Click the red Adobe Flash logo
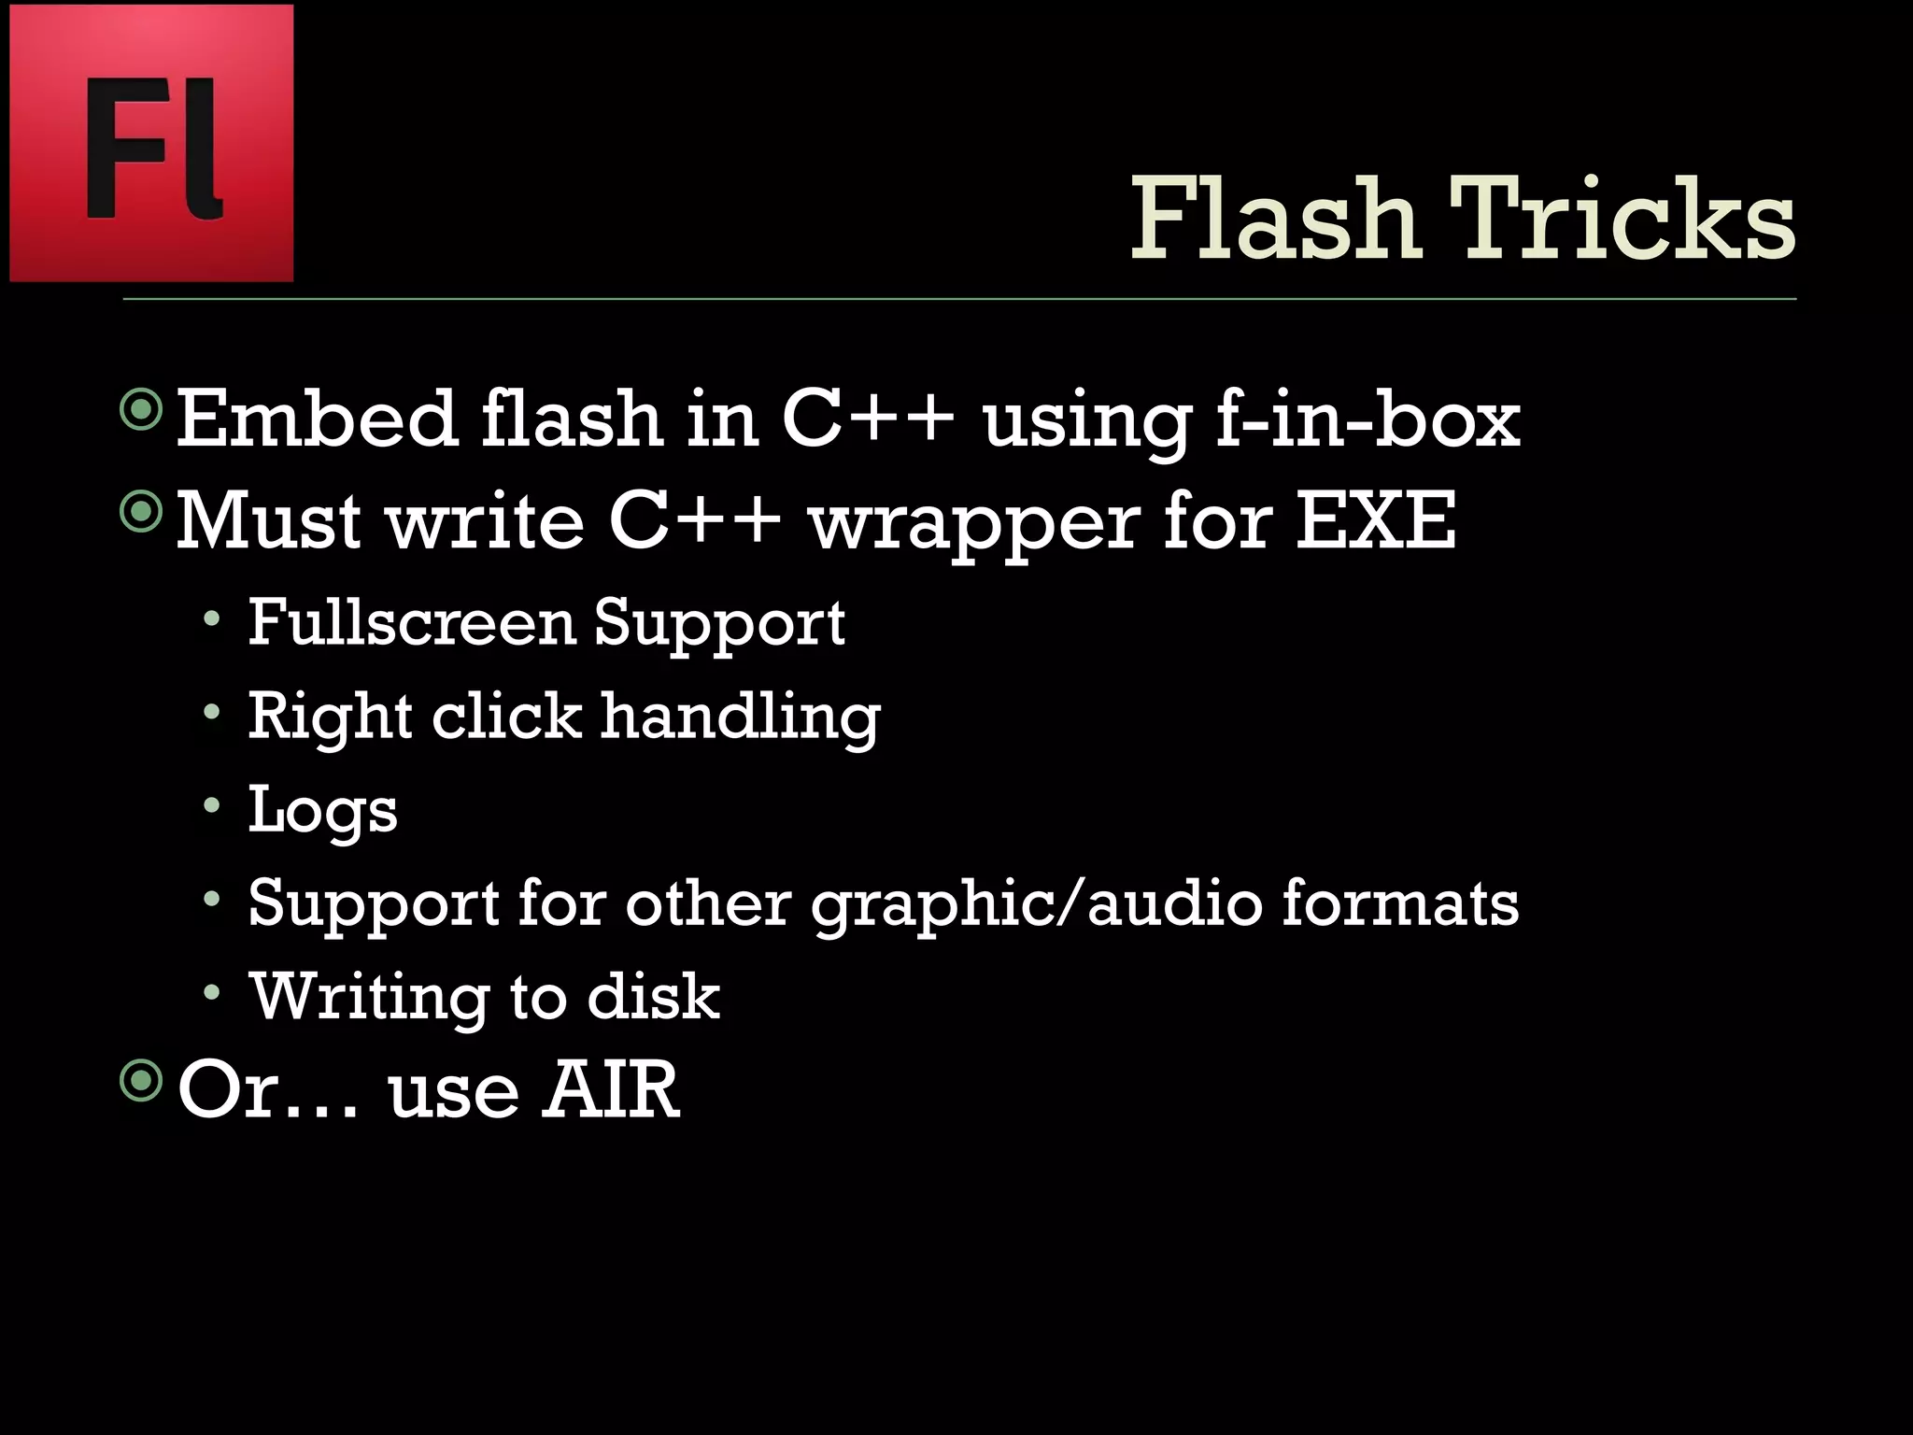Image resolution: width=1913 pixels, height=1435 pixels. coord(151,142)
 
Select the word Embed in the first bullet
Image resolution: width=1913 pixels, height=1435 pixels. coord(316,419)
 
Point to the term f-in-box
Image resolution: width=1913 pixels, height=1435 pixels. coord(1367,420)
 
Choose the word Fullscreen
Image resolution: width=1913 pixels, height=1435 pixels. coord(411,622)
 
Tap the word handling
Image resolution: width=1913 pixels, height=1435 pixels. coord(740,717)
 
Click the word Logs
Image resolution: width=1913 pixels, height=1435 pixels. coord(322,811)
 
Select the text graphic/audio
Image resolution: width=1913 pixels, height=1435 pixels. coord(1035,904)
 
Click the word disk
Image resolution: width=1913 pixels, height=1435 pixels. coord(653,996)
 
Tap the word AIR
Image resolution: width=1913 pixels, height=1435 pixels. coord(612,1089)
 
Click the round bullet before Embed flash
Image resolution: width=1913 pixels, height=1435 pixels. coord(142,409)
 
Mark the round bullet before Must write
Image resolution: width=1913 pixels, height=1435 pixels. coord(142,510)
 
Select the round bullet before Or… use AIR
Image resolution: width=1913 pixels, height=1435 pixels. coord(142,1081)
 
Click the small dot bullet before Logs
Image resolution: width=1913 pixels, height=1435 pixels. coord(212,804)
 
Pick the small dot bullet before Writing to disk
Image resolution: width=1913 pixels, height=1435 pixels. coord(212,991)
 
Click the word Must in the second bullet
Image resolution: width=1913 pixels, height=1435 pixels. coord(268,519)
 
